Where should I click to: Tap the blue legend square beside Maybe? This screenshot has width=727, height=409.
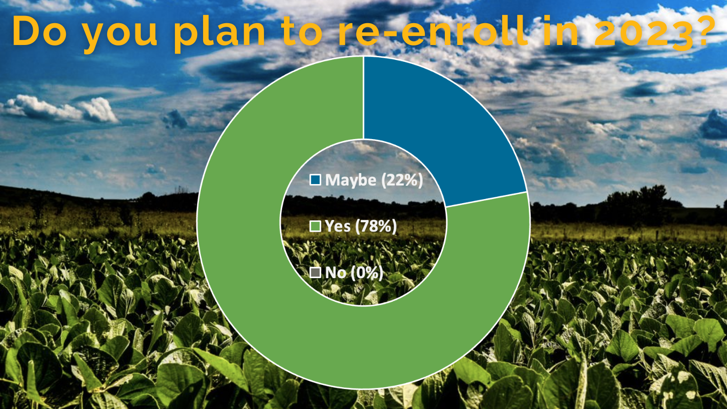[x=315, y=180]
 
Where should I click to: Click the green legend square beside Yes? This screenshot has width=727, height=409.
[x=315, y=226]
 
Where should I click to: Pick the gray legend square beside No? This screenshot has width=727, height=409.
[x=315, y=273]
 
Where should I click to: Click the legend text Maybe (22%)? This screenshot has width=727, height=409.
[x=374, y=180]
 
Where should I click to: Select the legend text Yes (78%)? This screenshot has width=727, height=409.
[x=361, y=226]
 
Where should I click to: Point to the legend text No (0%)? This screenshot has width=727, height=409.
[x=354, y=273]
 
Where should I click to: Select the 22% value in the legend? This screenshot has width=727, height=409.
[x=402, y=180]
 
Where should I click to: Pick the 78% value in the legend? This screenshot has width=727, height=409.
[x=376, y=226]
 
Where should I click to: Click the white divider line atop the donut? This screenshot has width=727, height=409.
[x=363, y=98]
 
